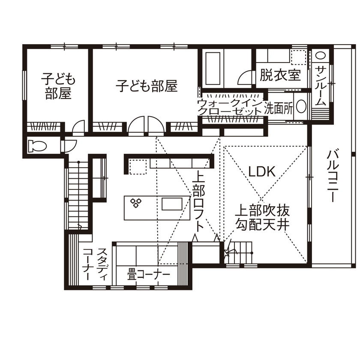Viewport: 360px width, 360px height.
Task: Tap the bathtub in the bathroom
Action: point(213,69)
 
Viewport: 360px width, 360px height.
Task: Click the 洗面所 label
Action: point(278,108)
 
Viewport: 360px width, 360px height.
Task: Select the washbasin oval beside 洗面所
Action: point(301,107)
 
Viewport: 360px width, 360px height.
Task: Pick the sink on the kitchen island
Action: point(173,204)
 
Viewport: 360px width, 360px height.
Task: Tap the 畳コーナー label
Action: point(148,273)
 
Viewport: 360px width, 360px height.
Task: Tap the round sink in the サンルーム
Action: point(321,55)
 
